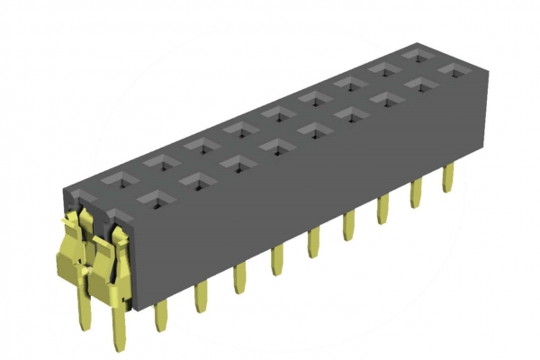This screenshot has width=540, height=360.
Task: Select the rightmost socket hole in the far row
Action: pos(417,56)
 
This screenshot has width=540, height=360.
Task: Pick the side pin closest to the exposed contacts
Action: pos(162,315)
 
